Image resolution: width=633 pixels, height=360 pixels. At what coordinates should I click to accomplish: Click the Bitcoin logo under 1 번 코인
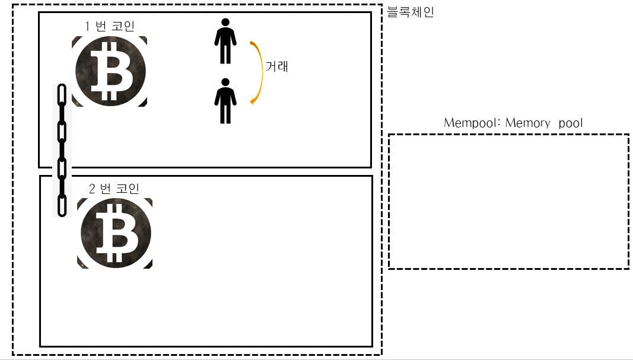[110, 71]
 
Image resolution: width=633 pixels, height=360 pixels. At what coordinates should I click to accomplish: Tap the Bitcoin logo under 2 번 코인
[114, 233]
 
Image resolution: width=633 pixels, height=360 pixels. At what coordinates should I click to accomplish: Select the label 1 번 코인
[110, 27]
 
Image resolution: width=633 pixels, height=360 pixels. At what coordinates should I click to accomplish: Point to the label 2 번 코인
[114, 189]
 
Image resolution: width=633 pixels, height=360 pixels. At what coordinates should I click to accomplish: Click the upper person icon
[225, 41]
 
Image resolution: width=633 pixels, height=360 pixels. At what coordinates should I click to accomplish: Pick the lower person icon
[225, 101]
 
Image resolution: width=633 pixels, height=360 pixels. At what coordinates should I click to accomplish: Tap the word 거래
[277, 66]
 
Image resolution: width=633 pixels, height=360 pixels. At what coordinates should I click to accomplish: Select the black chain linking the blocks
[61, 150]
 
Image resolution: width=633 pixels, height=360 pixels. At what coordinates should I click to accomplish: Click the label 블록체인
[411, 12]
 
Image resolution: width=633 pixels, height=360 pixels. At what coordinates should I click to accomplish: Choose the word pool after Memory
[571, 123]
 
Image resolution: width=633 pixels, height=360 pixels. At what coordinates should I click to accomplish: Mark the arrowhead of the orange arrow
[253, 101]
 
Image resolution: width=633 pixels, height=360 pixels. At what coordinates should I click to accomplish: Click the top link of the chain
[61, 95]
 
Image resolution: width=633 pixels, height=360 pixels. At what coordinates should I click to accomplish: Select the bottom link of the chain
[61, 205]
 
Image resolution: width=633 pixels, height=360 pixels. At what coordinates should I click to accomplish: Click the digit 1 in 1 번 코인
[88, 27]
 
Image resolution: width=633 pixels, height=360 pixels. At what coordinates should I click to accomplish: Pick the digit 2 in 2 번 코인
[92, 189]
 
